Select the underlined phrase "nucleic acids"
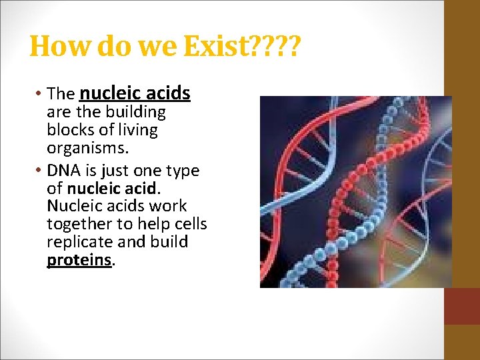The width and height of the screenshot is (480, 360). click(x=135, y=94)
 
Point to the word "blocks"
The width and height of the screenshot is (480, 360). click(x=69, y=129)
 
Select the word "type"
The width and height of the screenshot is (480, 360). click(x=182, y=171)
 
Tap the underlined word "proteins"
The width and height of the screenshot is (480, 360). click(x=79, y=259)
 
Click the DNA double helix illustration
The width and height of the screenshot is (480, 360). click(x=355, y=192)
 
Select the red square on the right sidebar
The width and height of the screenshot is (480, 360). click(x=461, y=306)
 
